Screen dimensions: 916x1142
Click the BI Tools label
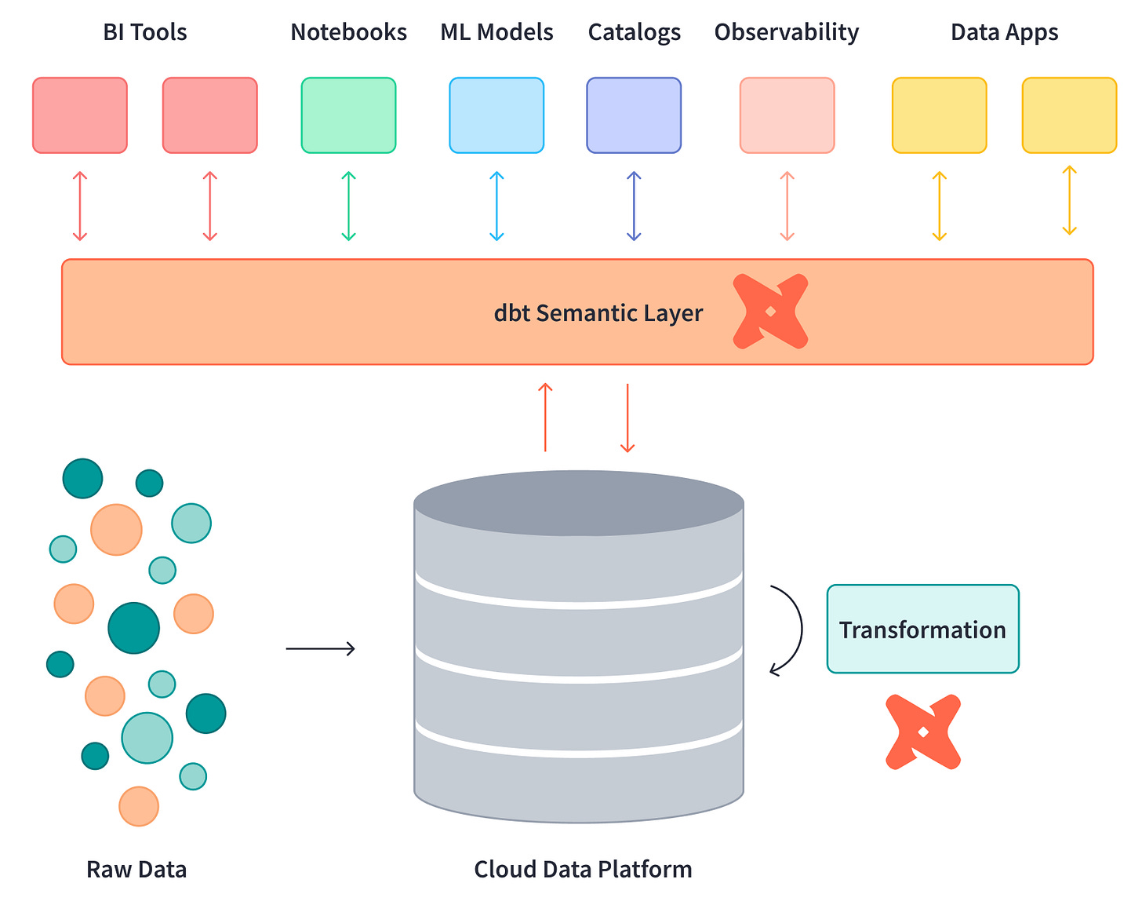tap(145, 32)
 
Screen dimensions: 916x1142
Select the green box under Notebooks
tap(348, 115)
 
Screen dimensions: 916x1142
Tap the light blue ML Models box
tap(496, 115)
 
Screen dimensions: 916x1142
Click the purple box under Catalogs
tap(634, 115)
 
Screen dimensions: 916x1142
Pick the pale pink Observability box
tap(787, 115)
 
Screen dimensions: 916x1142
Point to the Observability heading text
tap(786, 32)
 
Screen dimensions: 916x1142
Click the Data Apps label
tap(1004, 32)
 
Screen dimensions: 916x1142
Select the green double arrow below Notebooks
tap(349, 206)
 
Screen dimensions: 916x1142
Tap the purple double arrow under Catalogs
tap(634, 206)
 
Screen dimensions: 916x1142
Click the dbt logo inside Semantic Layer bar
tap(770, 312)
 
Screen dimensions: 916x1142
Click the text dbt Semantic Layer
tap(598, 313)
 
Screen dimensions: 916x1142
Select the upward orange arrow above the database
tap(545, 417)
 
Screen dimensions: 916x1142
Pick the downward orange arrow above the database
tap(627, 418)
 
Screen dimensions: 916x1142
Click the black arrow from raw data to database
tap(320, 648)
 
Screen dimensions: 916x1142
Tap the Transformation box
tap(922, 629)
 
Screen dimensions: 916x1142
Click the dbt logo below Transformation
tap(923, 732)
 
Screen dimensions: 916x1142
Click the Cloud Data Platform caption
tap(583, 870)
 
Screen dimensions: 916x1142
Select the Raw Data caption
tap(136, 870)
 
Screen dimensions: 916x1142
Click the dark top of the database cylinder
tap(579, 502)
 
